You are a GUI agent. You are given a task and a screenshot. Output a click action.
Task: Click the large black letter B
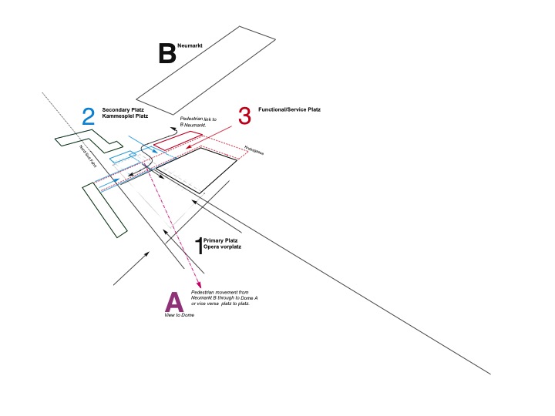[166, 54]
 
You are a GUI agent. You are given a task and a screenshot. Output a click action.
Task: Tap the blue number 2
[89, 116]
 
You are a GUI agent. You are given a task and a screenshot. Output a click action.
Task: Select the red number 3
[244, 116]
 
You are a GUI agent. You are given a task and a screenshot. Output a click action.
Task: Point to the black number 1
[199, 246]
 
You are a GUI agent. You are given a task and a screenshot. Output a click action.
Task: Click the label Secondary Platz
[123, 109]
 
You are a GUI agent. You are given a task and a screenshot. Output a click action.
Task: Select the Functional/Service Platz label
[289, 110]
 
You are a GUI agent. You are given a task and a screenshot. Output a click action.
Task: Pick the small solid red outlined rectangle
[177, 141]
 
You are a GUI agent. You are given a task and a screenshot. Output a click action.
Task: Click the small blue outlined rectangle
[123, 157]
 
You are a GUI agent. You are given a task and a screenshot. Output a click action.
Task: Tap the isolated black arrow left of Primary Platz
[131, 268]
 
